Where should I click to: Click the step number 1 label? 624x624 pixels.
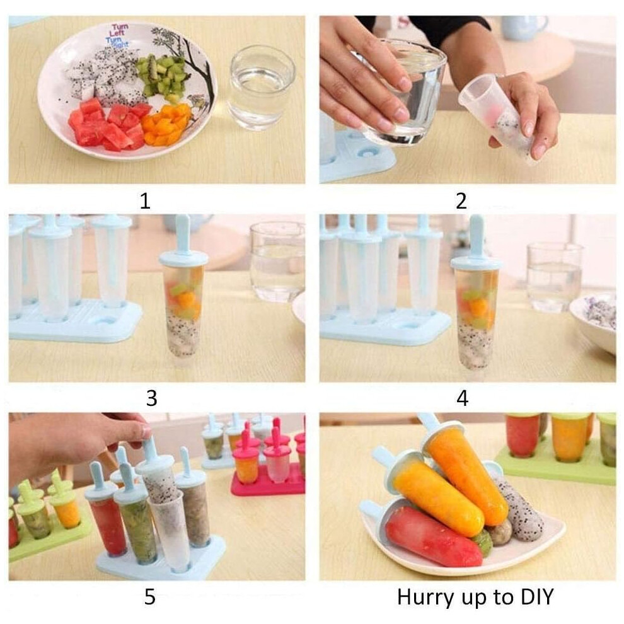[x=145, y=201]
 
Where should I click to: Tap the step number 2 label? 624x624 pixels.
[x=461, y=201]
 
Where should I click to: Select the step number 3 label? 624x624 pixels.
[x=151, y=398]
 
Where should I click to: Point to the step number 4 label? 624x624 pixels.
[x=462, y=398]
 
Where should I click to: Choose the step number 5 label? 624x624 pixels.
[x=150, y=597]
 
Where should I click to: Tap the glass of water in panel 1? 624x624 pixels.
[x=262, y=88]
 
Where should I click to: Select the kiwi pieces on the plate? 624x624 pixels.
[x=163, y=78]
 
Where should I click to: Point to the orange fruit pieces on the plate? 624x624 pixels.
[x=166, y=124]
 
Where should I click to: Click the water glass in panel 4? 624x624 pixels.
[x=555, y=277]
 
